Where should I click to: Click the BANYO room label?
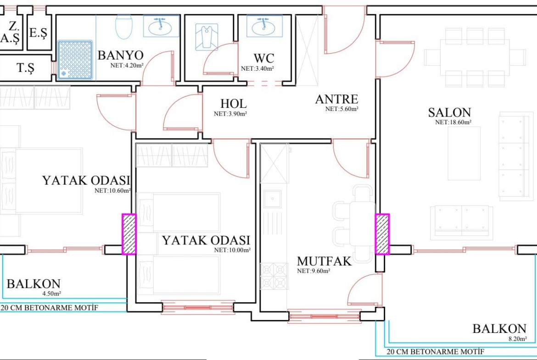point(121,55)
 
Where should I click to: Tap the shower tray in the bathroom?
point(75,60)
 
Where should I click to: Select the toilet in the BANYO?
point(123,27)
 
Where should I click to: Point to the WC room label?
point(264,58)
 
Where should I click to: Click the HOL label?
point(233,103)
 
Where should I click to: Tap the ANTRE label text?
point(336,99)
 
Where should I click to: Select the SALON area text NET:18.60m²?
point(453,122)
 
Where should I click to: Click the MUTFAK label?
point(324,261)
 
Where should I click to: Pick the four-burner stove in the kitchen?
point(274,276)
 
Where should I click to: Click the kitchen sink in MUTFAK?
point(273,199)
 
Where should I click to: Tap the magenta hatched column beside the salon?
point(382,234)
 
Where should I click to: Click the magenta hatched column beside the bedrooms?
point(129,234)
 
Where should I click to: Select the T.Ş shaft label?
point(26,68)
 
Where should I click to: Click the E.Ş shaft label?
point(38,33)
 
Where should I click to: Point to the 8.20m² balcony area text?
point(517,339)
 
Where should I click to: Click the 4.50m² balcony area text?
point(52,293)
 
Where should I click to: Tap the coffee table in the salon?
point(464,153)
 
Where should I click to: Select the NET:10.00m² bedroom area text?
point(232,250)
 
